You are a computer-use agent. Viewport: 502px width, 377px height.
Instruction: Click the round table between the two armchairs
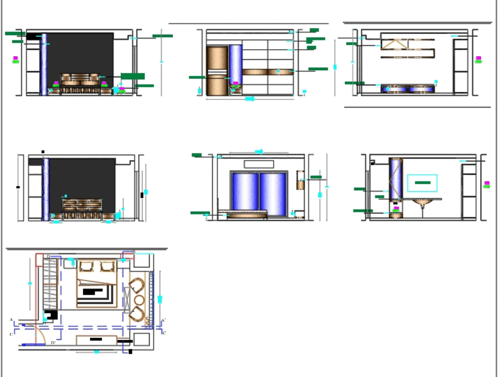pos(139,301)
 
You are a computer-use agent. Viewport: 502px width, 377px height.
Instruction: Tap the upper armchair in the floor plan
pos(137,287)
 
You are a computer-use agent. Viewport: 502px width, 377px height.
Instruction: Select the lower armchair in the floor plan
pos(137,314)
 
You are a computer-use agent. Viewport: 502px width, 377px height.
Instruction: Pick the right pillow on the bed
pos(108,266)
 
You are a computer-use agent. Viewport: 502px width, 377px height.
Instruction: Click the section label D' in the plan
pos(53,343)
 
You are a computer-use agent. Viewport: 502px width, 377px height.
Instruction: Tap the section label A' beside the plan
pos(164,320)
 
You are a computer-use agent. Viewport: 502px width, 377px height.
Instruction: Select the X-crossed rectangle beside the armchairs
pos(127,301)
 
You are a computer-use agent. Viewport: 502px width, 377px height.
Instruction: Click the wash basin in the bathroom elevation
pos(423,203)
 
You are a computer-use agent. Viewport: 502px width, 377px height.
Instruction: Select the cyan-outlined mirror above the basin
pos(422,183)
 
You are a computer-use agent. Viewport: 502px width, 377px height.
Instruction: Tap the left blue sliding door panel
pos(244,193)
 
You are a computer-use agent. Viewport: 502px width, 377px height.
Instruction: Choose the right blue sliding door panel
pos(273,193)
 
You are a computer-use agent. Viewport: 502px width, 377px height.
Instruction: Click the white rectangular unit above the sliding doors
pos(259,164)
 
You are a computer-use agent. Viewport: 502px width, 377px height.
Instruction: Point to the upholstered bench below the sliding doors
pos(246,216)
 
